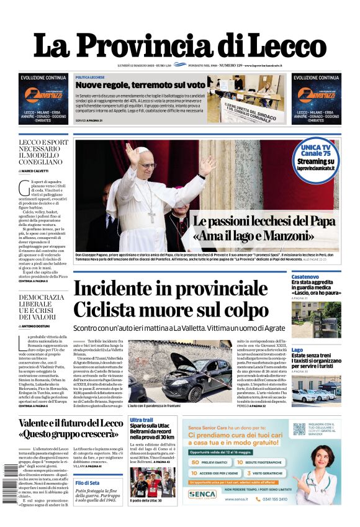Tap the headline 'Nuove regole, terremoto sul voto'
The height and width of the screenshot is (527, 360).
140,84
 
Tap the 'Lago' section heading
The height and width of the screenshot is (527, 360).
297,350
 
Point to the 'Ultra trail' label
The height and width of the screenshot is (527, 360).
141,420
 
